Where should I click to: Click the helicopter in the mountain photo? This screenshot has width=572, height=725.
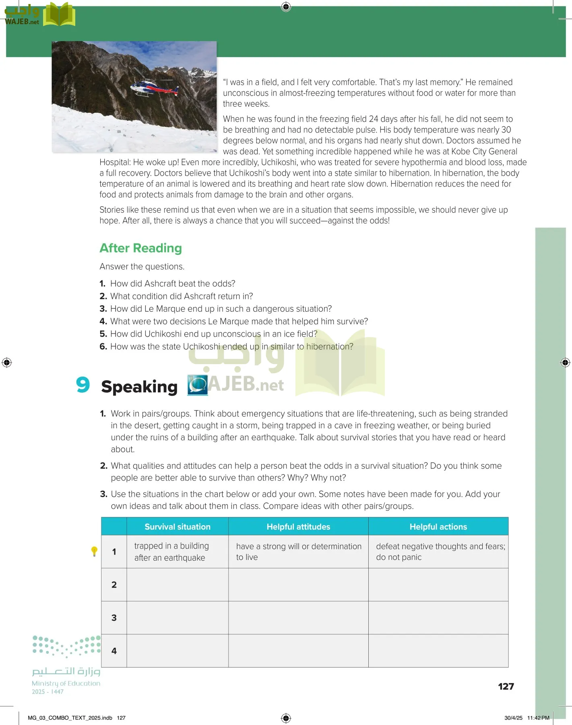point(154,88)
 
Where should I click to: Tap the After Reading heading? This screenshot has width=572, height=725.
point(140,248)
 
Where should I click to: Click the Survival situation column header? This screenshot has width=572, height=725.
point(178,526)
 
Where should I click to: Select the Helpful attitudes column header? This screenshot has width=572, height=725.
point(298,526)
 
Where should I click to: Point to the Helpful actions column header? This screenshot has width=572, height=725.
point(438,526)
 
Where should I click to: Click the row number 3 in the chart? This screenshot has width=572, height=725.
point(114,618)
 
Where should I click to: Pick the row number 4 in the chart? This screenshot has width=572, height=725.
point(114,651)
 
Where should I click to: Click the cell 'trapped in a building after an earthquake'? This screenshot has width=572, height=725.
point(171,551)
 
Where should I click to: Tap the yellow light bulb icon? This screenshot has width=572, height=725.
point(94,551)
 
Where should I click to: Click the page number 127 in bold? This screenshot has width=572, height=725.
point(506,686)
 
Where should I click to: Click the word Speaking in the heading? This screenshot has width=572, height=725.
point(139,387)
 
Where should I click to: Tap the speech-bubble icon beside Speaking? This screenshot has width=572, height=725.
point(198,385)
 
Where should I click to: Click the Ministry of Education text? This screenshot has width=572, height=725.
point(66,683)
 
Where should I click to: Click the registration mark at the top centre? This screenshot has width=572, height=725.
point(286,6)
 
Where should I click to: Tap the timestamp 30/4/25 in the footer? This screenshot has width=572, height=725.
point(513,718)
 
